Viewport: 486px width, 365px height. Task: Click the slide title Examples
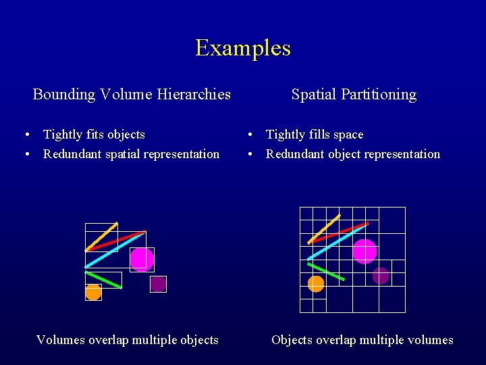coord(243,48)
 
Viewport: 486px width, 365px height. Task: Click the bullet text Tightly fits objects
coord(94,135)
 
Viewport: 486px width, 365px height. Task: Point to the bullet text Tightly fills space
coord(315,135)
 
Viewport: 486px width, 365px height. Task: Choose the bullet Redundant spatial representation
coord(131,154)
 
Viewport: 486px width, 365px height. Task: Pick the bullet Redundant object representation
coord(352,154)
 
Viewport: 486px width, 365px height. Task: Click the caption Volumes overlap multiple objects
coord(127,340)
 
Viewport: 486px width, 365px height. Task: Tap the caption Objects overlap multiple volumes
coord(362,340)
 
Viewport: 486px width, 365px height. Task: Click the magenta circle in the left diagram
coord(142,259)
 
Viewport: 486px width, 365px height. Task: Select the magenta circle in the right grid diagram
coord(364,251)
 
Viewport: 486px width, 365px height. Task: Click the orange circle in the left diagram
coord(93,292)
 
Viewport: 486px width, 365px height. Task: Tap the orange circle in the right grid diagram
coord(316,284)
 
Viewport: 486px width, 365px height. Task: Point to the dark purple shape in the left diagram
coord(158,284)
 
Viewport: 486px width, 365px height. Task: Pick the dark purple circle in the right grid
coord(381,276)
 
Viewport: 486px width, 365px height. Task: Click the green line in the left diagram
coord(103,280)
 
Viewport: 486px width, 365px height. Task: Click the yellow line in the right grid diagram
coord(324,228)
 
